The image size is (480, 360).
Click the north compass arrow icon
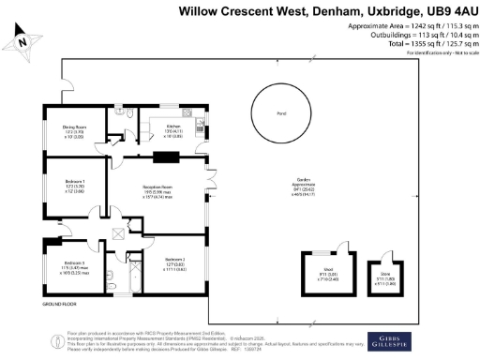(22, 40)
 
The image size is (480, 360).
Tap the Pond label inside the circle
(280, 116)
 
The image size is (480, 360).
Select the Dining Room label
(74, 128)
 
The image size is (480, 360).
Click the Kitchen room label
(173, 127)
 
